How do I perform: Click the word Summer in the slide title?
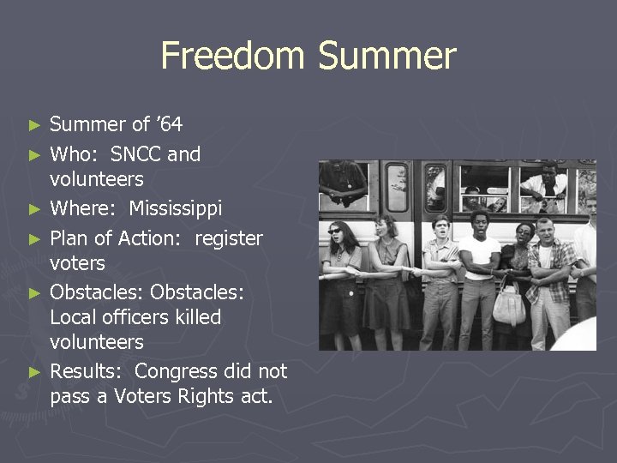pos(387,57)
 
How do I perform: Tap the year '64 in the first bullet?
pos(170,125)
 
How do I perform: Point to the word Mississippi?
pos(175,209)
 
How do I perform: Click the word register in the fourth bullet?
pos(229,238)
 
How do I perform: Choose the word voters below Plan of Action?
pos(77,263)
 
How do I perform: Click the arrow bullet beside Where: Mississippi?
pos(34,210)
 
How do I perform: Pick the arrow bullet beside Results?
pos(34,372)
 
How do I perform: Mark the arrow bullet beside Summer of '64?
pos(34,125)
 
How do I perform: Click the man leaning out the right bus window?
pos(545,183)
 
